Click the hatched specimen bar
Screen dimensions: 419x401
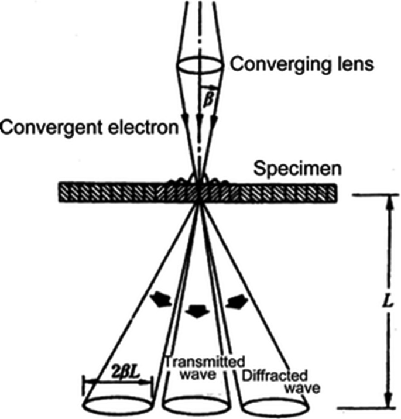(117, 192)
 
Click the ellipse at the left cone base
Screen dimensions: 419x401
(118, 403)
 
